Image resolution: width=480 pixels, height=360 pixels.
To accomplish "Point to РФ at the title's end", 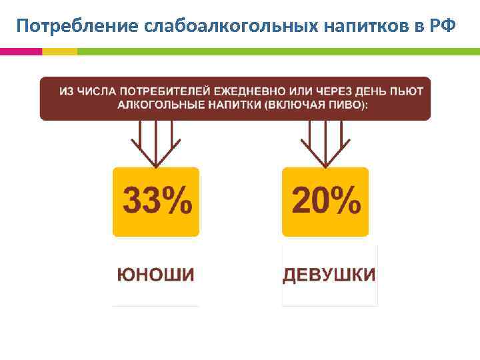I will (443, 25).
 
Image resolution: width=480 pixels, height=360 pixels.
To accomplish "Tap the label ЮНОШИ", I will (156, 275).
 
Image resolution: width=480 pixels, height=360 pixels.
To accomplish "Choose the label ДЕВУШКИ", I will (329, 275).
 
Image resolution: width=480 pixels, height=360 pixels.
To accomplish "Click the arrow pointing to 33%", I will (155, 144).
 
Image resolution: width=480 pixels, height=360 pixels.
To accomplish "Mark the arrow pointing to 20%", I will (325, 144).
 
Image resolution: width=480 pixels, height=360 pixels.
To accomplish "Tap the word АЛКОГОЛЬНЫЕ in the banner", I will (157, 105).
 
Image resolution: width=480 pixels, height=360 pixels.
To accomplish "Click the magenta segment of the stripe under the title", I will (21, 51).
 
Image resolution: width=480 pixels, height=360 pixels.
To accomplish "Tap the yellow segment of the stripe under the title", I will (59, 51).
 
